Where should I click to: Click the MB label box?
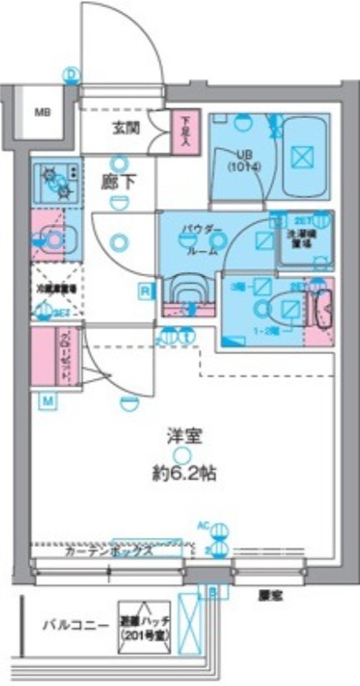[41, 112]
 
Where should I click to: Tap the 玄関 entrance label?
[124, 130]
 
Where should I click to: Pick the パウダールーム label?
[203, 236]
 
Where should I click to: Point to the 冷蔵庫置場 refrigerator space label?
[56, 290]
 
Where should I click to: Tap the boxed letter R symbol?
[146, 292]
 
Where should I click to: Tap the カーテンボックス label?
[109, 552]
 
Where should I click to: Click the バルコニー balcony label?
[75, 625]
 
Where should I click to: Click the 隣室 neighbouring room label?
[267, 593]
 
